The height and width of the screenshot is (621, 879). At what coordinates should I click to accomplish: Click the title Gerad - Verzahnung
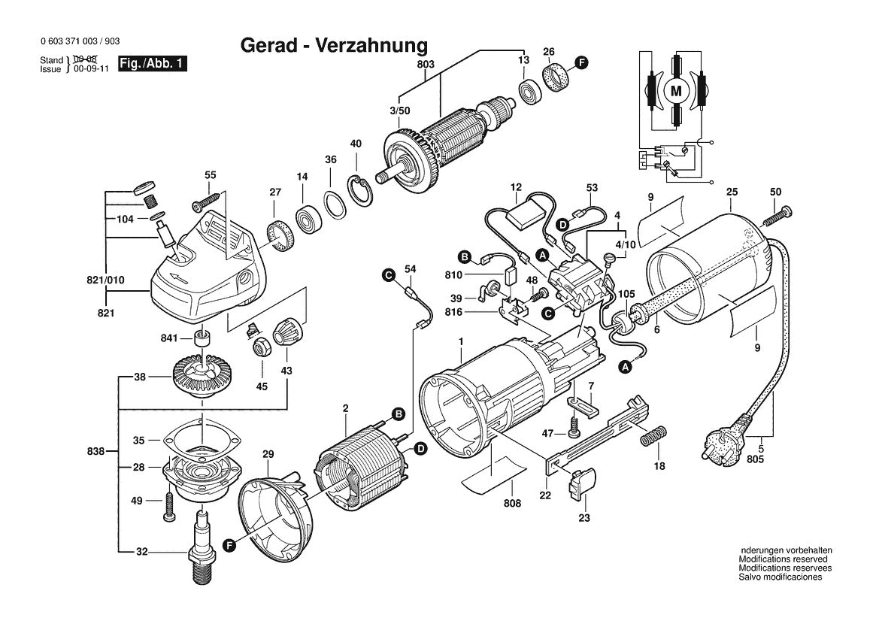pyautogui.click(x=334, y=45)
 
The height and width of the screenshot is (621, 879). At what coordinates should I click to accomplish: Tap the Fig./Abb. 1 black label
pyautogui.click(x=152, y=63)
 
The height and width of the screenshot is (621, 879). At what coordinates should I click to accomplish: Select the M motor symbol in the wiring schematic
pyautogui.click(x=677, y=90)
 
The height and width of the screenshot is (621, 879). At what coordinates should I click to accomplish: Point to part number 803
pyautogui.click(x=426, y=65)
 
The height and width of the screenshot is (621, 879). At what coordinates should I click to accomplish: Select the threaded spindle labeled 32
pyautogui.click(x=202, y=547)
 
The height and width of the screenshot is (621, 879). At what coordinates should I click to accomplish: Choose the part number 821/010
pyautogui.click(x=105, y=280)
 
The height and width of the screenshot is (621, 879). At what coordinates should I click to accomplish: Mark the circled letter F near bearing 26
pyautogui.click(x=582, y=62)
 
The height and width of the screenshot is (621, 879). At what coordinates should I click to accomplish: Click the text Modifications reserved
pyautogui.click(x=783, y=559)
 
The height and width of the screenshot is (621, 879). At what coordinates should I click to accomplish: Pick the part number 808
pyautogui.click(x=512, y=503)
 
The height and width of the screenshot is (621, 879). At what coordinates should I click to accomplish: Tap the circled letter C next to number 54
pyautogui.click(x=388, y=274)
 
